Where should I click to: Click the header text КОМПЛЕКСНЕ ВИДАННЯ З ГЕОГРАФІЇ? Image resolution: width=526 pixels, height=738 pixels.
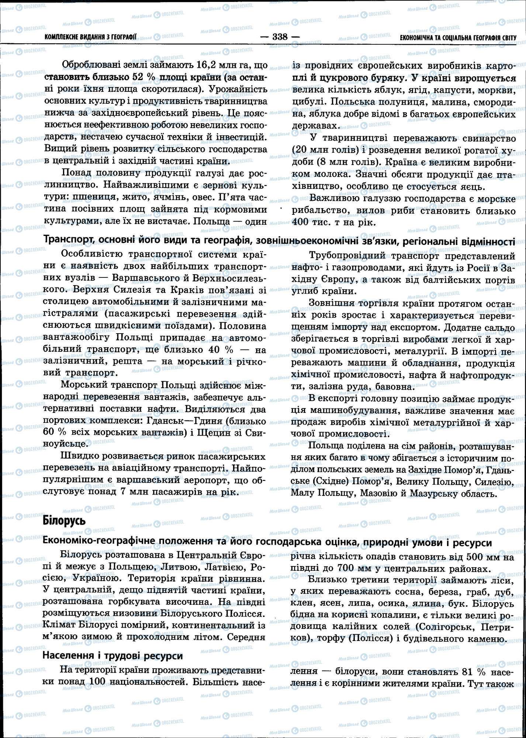click(x=90, y=37)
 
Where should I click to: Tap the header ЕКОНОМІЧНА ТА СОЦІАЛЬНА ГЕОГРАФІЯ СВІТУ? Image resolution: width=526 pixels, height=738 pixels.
click(x=458, y=38)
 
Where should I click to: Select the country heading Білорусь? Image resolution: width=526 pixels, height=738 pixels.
click(x=64, y=521)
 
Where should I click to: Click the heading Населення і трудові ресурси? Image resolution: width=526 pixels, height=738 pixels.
click(x=113, y=655)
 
